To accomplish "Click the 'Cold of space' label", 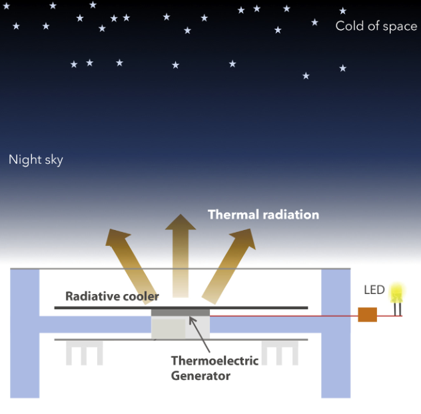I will click(376, 27).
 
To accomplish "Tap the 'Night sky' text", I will click(36, 160).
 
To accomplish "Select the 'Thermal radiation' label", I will click(263, 215).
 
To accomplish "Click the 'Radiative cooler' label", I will click(112, 296).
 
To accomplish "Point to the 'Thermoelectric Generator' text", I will click(201, 368).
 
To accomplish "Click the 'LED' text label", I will click(374, 290).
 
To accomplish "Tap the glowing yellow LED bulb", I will click(397, 293).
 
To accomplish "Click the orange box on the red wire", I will click(367, 315).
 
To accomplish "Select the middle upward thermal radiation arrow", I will click(181, 253).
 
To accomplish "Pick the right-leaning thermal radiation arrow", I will click(230, 263).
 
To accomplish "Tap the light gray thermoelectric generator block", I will click(181, 327).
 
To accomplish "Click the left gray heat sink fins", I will click(84, 352).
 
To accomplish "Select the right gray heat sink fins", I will click(279, 352).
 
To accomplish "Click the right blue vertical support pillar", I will click(336, 333).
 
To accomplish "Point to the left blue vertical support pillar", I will click(25, 333).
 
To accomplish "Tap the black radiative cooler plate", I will click(100, 307).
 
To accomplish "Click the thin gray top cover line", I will click(180, 269).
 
